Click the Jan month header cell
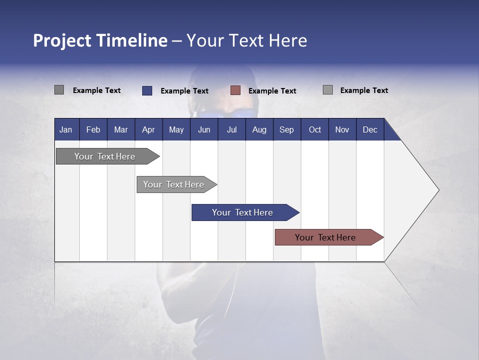tap(66, 129)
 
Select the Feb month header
tap(93, 129)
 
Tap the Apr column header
tap(149, 129)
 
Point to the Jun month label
tap(204, 129)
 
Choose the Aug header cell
tap(259, 129)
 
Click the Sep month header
tap(287, 129)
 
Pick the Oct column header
tap(315, 129)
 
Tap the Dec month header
tap(370, 129)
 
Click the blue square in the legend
tap(147, 90)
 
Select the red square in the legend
tap(236, 90)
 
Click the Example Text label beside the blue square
tap(185, 91)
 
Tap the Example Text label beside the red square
tap(272, 91)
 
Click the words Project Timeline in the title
tap(100, 40)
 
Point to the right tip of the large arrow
tap(438, 190)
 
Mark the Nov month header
tap(342, 129)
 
